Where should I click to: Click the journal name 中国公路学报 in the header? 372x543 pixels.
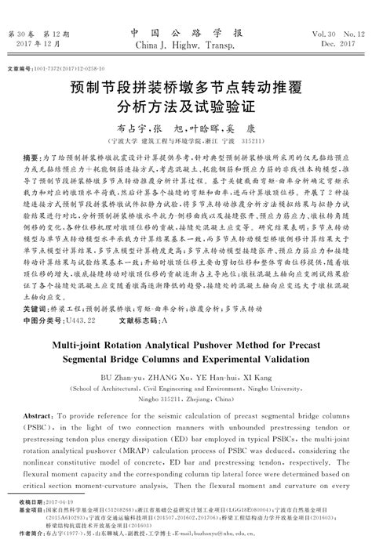[x=185, y=33]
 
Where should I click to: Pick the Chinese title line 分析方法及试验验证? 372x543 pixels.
[x=186, y=103]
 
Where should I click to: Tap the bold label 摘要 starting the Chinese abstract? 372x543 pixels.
[x=35, y=157]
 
